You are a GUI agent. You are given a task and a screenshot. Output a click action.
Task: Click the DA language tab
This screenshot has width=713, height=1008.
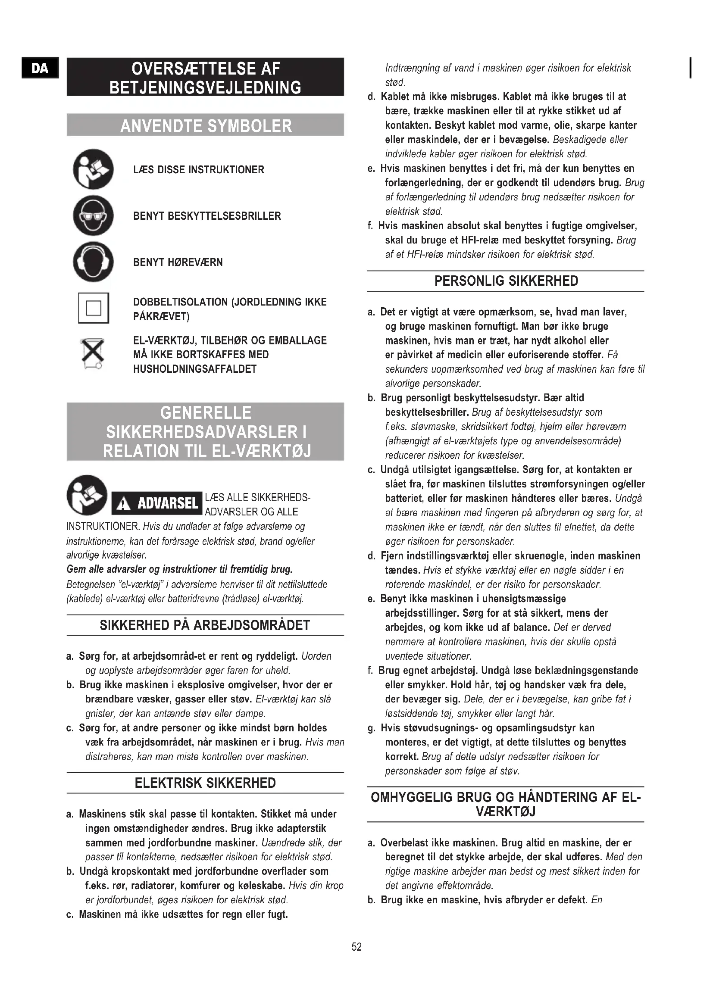(x=40, y=68)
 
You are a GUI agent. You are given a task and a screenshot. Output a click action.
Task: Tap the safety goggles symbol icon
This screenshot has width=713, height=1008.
(x=93, y=215)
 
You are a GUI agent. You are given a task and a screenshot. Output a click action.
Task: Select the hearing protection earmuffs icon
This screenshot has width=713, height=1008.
(x=93, y=262)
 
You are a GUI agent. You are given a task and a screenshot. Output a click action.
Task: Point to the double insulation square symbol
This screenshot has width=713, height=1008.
(x=94, y=308)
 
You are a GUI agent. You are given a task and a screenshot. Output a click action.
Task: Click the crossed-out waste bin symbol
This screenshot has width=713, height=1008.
(x=93, y=353)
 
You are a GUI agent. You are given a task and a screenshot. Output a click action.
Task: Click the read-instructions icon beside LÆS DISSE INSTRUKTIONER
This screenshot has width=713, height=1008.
(x=93, y=169)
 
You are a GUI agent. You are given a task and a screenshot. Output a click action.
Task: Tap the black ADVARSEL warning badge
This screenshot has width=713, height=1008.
(x=157, y=503)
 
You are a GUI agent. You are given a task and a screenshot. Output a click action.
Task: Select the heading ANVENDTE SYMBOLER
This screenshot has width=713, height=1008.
(x=206, y=125)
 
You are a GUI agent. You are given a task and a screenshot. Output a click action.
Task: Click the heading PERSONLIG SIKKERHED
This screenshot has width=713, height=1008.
(x=506, y=281)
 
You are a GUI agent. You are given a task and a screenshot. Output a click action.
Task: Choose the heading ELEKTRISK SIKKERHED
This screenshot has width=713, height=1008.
(x=205, y=783)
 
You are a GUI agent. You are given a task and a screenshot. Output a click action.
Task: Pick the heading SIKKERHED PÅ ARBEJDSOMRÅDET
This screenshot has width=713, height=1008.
(x=205, y=625)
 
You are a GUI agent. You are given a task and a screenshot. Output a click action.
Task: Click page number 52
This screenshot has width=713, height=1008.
(x=356, y=947)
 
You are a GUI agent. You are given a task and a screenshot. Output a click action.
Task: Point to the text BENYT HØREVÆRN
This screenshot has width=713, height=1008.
(x=178, y=262)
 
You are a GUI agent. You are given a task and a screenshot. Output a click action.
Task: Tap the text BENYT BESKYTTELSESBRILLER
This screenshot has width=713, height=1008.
(x=207, y=216)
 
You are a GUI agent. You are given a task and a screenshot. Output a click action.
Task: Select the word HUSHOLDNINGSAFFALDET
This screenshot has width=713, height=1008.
(x=194, y=369)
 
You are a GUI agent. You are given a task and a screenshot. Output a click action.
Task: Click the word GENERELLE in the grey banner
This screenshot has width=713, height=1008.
(x=206, y=413)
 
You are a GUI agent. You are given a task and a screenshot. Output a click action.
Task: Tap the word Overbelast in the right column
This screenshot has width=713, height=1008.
(x=404, y=843)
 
